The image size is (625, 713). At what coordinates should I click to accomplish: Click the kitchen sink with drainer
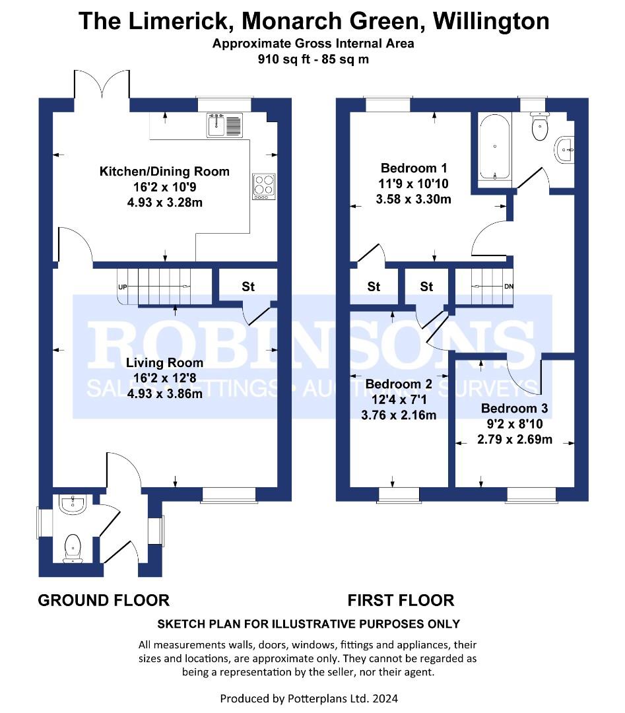(x=225, y=125)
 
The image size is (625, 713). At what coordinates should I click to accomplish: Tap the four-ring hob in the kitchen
(x=264, y=186)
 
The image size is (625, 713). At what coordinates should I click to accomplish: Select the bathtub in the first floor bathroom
(x=494, y=147)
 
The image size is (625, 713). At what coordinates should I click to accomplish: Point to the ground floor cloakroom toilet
(x=73, y=548)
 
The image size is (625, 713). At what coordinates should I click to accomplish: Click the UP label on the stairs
(x=122, y=287)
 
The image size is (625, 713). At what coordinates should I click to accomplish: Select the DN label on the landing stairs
(x=509, y=287)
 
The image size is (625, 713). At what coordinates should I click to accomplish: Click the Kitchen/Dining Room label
(x=164, y=172)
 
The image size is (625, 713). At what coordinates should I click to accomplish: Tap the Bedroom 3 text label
(x=515, y=409)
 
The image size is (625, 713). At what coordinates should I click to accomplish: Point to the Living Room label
(x=164, y=362)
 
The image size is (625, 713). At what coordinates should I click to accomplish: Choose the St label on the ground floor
(x=248, y=287)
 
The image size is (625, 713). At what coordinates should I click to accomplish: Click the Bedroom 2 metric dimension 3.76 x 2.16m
(x=399, y=415)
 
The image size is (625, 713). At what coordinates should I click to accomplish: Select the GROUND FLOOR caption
(x=104, y=600)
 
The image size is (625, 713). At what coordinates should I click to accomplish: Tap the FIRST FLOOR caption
(x=401, y=600)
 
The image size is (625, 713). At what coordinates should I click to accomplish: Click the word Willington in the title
(x=491, y=21)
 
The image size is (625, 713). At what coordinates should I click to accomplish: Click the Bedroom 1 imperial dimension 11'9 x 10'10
(x=414, y=184)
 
